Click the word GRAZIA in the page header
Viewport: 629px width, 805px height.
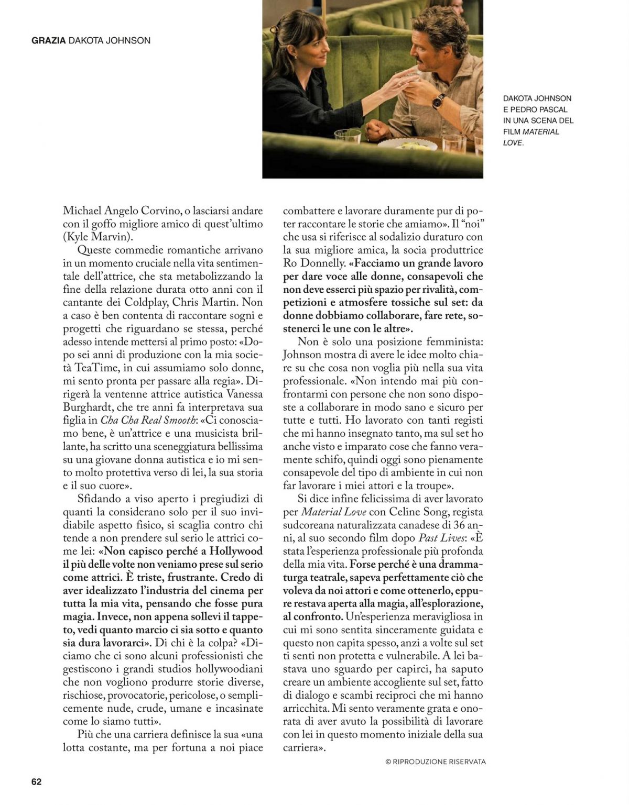[x=48, y=40]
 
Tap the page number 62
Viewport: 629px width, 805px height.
[x=36, y=781]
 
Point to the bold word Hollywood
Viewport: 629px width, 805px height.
[x=235, y=551]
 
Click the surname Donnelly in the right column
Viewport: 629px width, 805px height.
[x=331, y=263]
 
